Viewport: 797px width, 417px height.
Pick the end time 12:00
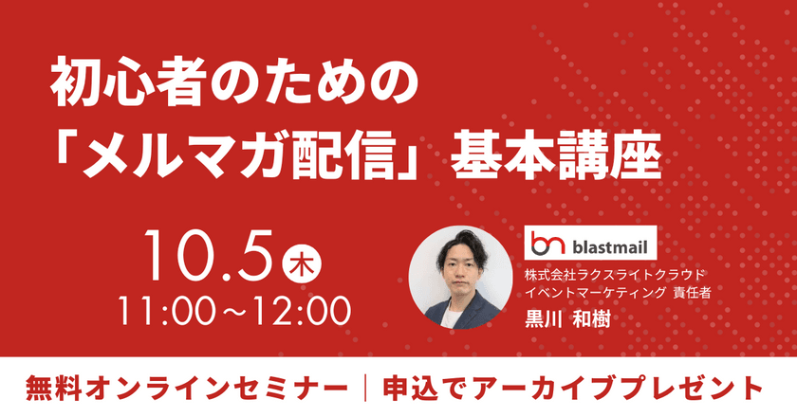coord(298,309)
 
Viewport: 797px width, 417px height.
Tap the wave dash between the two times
coord(231,310)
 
